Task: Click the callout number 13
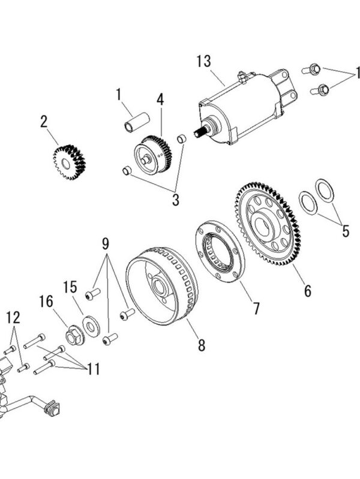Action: click(x=204, y=61)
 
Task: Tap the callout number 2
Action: click(x=44, y=121)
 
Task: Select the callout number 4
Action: click(x=160, y=99)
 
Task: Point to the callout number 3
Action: click(x=176, y=200)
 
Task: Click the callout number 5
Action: click(x=346, y=231)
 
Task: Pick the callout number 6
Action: click(x=308, y=291)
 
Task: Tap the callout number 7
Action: click(x=256, y=308)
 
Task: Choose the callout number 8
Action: click(x=201, y=345)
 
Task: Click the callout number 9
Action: click(x=106, y=243)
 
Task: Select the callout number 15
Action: click(x=70, y=287)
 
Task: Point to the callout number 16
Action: click(x=46, y=301)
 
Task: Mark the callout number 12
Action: click(x=13, y=317)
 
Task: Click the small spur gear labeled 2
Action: click(x=69, y=162)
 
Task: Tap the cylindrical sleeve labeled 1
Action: click(x=136, y=122)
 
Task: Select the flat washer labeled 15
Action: click(x=91, y=327)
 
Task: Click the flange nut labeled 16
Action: click(x=75, y=336)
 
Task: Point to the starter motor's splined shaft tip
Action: click(x=197, y=132)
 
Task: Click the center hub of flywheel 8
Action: click(x=160, y=286)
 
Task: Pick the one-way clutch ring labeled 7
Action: click(x=220, y=251)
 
